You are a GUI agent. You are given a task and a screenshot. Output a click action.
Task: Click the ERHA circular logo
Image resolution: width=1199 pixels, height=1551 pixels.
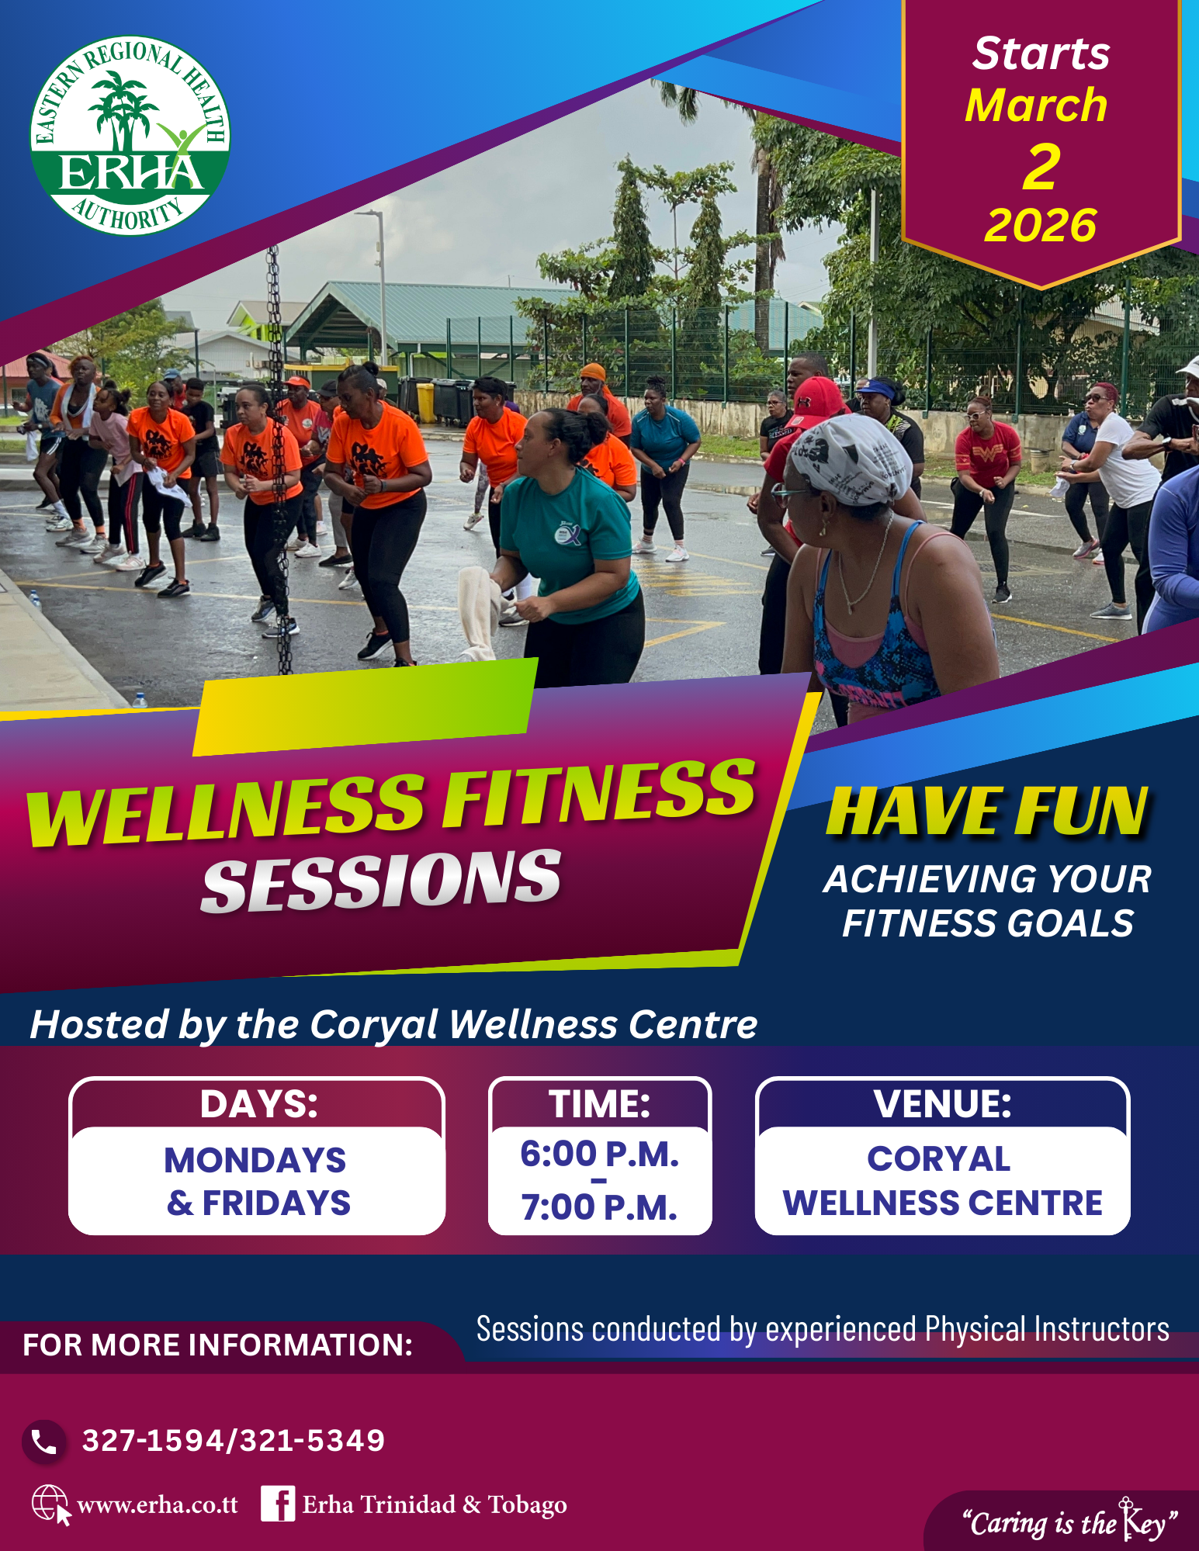click(x=130, y=135)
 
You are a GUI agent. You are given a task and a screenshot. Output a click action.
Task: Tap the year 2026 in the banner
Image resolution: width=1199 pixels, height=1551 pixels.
click(x=1040, y=226)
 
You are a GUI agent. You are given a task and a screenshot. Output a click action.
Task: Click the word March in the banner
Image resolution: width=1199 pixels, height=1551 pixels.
click(x=1036, y=105)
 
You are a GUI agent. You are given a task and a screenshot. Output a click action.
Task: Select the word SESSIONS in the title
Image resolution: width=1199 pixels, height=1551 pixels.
click(x=381, y=881)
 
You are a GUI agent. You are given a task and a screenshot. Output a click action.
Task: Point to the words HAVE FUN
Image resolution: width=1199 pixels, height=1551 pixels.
click(x=987, y=812)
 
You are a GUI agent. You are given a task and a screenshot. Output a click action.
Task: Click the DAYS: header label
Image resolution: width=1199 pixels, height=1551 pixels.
click(x=259, y=1104)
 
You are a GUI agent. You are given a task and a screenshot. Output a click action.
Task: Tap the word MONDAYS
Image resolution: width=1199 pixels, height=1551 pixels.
click(x=255, y=1161)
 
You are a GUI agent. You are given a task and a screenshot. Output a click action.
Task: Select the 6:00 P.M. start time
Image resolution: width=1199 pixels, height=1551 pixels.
click(x=599, y=1154)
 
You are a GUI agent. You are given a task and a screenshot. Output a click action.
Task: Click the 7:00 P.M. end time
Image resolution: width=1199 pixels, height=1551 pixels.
click(x=599, y=1207)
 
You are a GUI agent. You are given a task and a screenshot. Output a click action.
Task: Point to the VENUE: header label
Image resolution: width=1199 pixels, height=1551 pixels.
click(x=942, y=1104)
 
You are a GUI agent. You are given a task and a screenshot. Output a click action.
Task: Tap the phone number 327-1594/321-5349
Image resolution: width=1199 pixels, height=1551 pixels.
click(x=234, y=1441)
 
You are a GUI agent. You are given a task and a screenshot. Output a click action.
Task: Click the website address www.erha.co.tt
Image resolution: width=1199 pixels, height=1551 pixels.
click(x=158, y=1505)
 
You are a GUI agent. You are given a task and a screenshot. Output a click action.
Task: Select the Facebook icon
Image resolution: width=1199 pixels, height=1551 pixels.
click(x=278, y=1504)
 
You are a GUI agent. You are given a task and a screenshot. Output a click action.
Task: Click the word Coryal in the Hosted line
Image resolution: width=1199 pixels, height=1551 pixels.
click(x=374, y=1025)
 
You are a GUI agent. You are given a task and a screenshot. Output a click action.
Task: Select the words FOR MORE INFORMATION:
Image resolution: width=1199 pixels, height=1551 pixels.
click(x=218, y=1345)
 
